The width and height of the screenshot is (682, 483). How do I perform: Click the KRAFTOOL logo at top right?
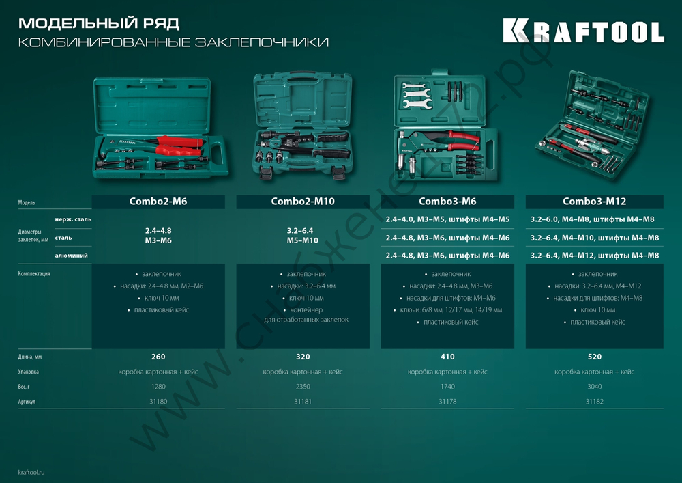pyautogui.click(x=583, y=31)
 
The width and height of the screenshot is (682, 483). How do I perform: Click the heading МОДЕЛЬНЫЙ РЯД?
pyautogui.click(x=99, y=23)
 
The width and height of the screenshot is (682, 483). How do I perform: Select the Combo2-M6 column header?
pyautogui.click(x=158, y=202)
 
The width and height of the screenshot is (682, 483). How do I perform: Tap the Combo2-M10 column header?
pyautogui.click(x=303, y=202)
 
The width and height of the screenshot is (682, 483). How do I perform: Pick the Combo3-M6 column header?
pyautogui.click(x=447, y=202)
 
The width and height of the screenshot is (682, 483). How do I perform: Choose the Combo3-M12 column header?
pyautogui.click(x=594, y=202)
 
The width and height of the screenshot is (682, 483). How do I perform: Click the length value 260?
pyautogui.click(x=158, y=357)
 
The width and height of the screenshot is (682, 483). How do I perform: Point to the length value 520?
pyautogui.click(x=594, y=357)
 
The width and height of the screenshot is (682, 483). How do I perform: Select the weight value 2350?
pyautogui.click(x=303, y=387)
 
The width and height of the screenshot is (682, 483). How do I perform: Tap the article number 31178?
pyautogui.click(x=447, y=402)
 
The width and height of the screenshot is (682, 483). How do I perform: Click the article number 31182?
pyautogui.click(x=594, y=402)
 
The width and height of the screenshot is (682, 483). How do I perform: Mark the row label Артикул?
pyautogui.click(x=27, y=402)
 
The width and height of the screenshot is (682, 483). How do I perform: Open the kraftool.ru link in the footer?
pyautogui.click(x=33, y=472)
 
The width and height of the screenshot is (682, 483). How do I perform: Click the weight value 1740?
pyautogui.click(x=447, y=387)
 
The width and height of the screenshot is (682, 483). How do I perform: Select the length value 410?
pyautogui.click(x=447, y=357)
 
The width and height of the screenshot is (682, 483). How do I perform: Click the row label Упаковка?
pyautogui.click(x=29, y=372)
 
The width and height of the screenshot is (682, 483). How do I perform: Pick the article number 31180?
pyautogui.click(x=158, y=402)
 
